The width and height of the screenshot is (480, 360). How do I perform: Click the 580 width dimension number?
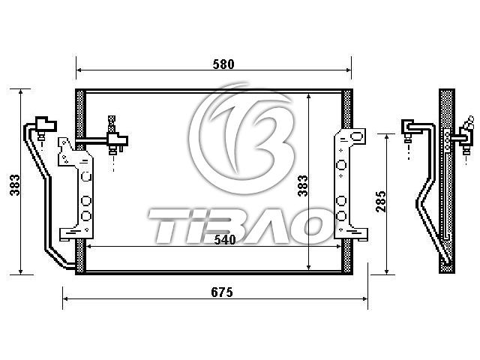[223, 64]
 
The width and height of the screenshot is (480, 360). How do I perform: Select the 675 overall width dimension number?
[222, 292]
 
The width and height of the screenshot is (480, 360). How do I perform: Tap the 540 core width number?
[225, 240]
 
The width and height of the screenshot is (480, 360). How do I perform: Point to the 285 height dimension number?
[381, 202]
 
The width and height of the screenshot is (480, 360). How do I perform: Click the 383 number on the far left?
[15, 185]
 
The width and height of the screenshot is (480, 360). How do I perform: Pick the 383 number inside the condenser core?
[303, 185]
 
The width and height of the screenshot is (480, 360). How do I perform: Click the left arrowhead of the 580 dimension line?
[78, 70]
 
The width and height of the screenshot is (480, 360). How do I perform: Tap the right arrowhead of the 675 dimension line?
[364, 298]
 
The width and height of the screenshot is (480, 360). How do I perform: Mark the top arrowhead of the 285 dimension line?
[387, 136]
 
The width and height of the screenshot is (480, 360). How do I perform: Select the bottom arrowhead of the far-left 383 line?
[21, 271]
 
